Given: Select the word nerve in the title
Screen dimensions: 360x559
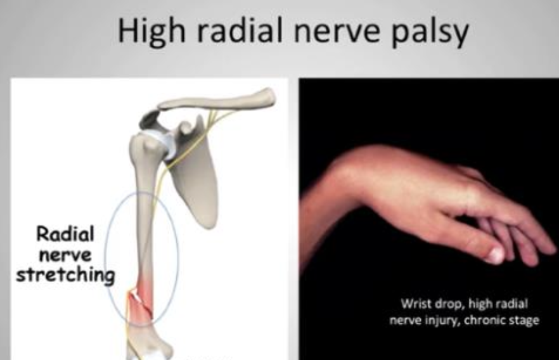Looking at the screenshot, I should point(343,32).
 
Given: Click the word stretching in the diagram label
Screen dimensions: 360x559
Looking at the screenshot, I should point(58,276).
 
